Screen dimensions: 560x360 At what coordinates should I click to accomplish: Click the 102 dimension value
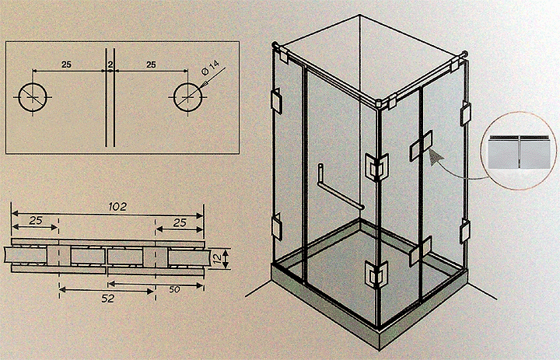point(117,206)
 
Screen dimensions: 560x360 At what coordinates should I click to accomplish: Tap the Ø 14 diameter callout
point(210,67)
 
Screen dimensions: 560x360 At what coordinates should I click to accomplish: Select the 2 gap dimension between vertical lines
point(110,65)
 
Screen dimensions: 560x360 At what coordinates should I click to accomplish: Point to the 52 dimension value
point(107,299)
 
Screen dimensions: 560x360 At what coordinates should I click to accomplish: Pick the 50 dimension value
point(175,289)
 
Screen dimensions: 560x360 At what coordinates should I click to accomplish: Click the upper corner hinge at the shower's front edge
point(376,167)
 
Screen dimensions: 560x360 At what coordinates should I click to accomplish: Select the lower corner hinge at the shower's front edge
point(376,274)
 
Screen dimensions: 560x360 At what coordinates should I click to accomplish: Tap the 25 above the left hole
point(66,65)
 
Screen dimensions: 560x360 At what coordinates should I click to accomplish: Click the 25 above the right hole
point(151,65)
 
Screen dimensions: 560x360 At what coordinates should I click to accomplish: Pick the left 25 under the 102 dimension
point(36,221)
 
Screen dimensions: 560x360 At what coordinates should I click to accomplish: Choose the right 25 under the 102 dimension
point(180,223)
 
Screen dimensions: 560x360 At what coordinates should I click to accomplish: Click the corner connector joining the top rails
point(377,103)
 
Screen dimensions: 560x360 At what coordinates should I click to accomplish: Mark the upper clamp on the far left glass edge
point(277,101)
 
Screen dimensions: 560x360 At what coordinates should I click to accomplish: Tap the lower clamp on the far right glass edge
point(464,231)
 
